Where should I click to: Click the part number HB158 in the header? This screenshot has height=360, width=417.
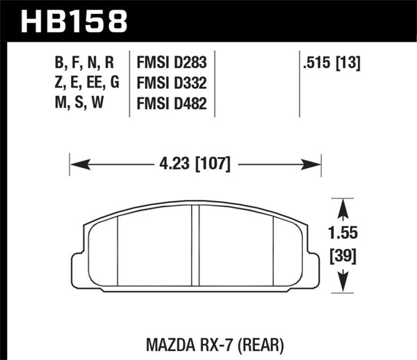75,20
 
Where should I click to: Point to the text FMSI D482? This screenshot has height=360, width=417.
176,104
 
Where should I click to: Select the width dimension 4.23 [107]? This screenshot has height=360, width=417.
195,165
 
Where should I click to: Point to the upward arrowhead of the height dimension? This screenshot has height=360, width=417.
341,206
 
